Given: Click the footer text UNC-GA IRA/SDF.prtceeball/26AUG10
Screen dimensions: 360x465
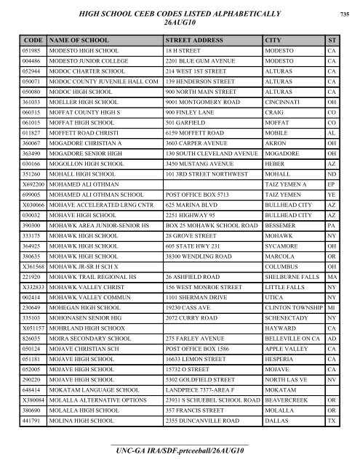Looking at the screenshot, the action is coord(179,453).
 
